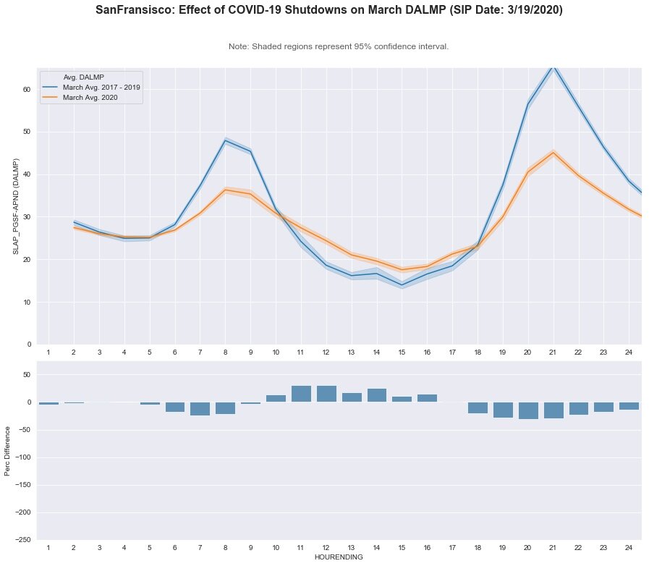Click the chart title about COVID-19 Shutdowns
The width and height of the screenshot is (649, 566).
pos(328,11)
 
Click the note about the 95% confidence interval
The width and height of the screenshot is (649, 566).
pos(339,46)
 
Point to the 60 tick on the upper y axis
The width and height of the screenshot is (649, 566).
pos(26,90)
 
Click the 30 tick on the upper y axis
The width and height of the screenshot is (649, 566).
pos(26,217)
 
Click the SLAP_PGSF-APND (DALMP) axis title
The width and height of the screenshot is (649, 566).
pos(15,206)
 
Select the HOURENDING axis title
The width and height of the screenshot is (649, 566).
pos(339,557)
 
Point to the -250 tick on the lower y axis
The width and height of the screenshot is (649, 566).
pos(22,540)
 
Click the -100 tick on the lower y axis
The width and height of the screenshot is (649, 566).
pos(22,457)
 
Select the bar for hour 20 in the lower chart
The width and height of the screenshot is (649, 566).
pos(528,410)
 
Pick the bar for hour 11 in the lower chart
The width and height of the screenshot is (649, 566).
pos(301,394)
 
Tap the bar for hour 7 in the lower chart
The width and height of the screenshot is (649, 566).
pos(200,409)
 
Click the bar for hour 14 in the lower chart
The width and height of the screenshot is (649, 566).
pos(377,395)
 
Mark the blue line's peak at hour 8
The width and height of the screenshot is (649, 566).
pos(226,141)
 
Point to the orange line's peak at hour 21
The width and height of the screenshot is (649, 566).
pos(553,153)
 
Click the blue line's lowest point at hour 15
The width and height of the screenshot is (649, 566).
pos(402,284)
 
